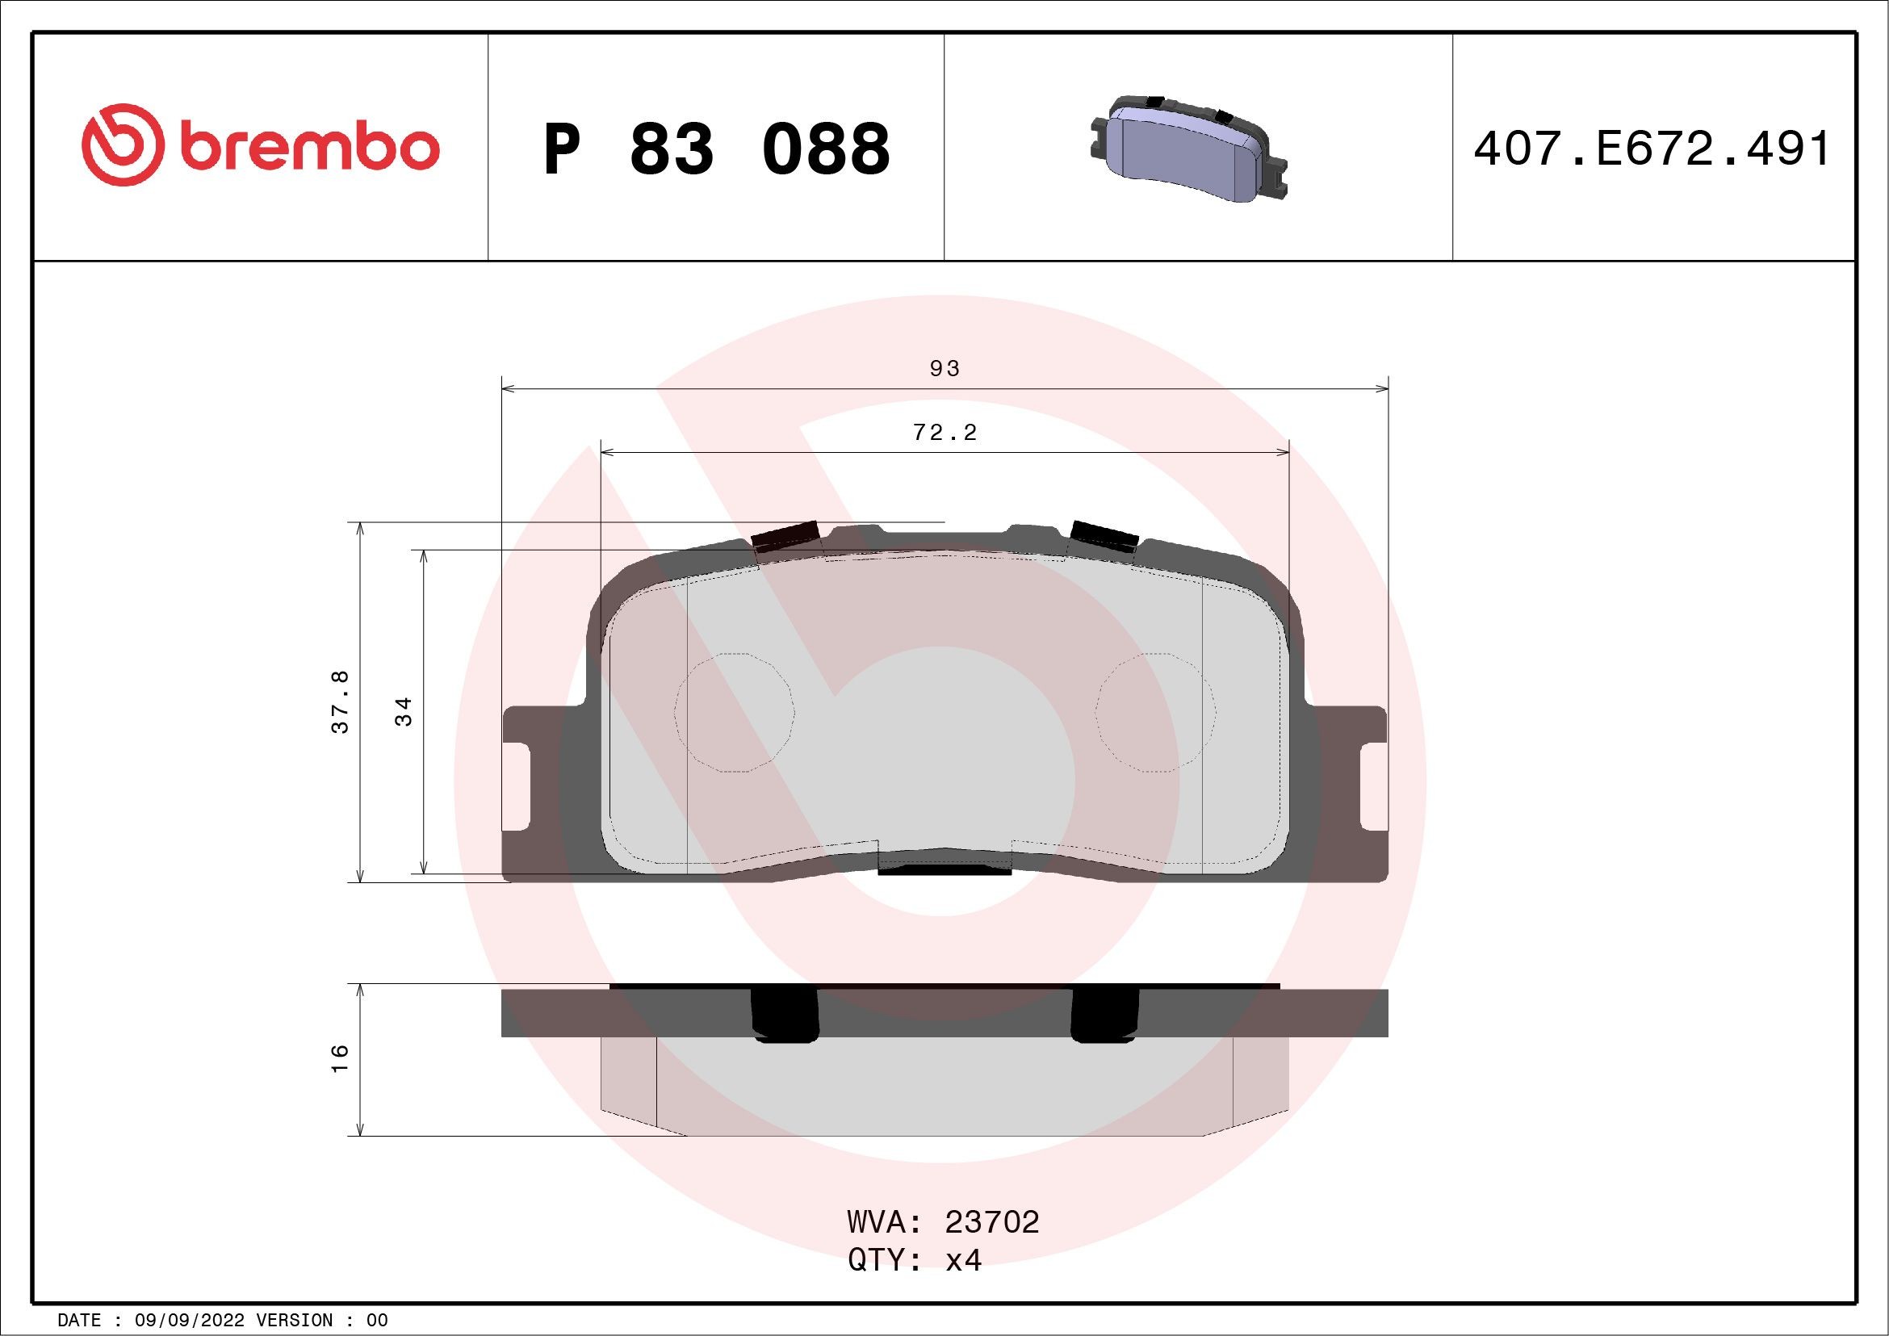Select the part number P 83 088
(x=717, y=149)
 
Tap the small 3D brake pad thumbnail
(x=1190, y=150)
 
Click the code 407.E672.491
(x=1652, y=149)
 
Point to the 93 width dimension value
(x=944, y=369)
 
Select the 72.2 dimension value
(x=944, y=433)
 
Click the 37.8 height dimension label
(x=341, y=702)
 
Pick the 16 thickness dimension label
(x=341, y=1057)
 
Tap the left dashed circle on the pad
(x=733, y=713)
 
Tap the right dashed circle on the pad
(x=1156, y=713)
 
